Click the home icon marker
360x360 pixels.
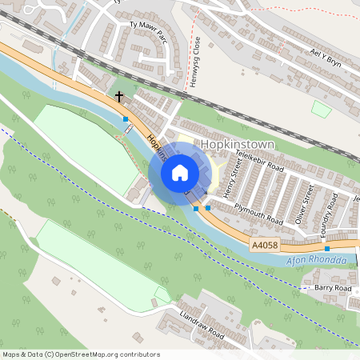[180, 173]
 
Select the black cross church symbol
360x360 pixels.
[119, 97]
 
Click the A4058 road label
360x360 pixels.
[264, 246]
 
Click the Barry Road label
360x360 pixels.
[333, 288]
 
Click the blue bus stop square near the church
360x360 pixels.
[126, 119]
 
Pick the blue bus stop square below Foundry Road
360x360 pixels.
[326, 249]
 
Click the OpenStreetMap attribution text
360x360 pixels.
[80, 354]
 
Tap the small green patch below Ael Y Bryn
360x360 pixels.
[321, 109]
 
